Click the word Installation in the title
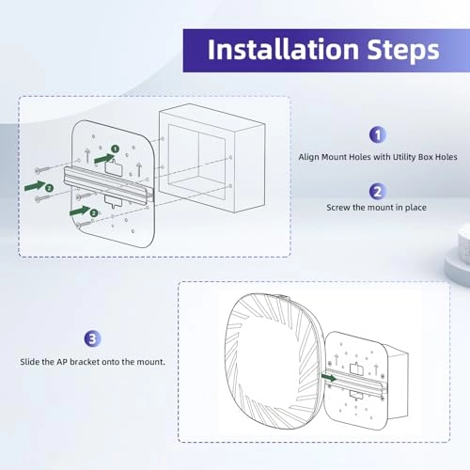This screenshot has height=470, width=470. point(283,50)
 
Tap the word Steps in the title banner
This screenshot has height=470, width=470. point(403,51)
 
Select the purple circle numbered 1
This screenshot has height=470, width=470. point(378,134)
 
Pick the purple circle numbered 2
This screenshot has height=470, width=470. point(377,192)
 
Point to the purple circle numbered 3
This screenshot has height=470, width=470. point(92,338)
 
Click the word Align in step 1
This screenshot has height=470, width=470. point(307,157)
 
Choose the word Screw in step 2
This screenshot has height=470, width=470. point(338,208)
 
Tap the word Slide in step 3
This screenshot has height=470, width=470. point(29,362)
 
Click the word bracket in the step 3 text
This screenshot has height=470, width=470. point(82,362)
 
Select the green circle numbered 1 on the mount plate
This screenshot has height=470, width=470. point(116,149)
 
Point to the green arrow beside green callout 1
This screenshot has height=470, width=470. point(104,159)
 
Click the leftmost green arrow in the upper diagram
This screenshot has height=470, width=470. point(35,186)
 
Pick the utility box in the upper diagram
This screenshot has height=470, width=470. point(212,159)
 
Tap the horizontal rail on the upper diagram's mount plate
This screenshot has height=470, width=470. point(108,183)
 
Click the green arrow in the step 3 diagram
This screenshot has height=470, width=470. point(329,378)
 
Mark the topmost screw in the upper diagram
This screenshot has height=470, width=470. point(44,169)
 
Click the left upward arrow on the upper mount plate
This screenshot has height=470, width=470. point(87,156)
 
